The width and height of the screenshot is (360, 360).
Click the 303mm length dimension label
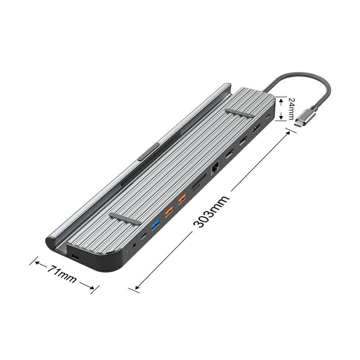tap(211, 211)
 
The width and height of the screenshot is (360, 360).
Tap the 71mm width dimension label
tap(62, 274)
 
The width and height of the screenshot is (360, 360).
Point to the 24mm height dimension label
tap(291, 109)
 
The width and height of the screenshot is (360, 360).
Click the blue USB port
tap(155, 225)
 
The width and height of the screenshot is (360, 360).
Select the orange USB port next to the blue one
tap(169, 211)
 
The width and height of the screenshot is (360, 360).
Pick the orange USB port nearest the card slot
tap(182, 199)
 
